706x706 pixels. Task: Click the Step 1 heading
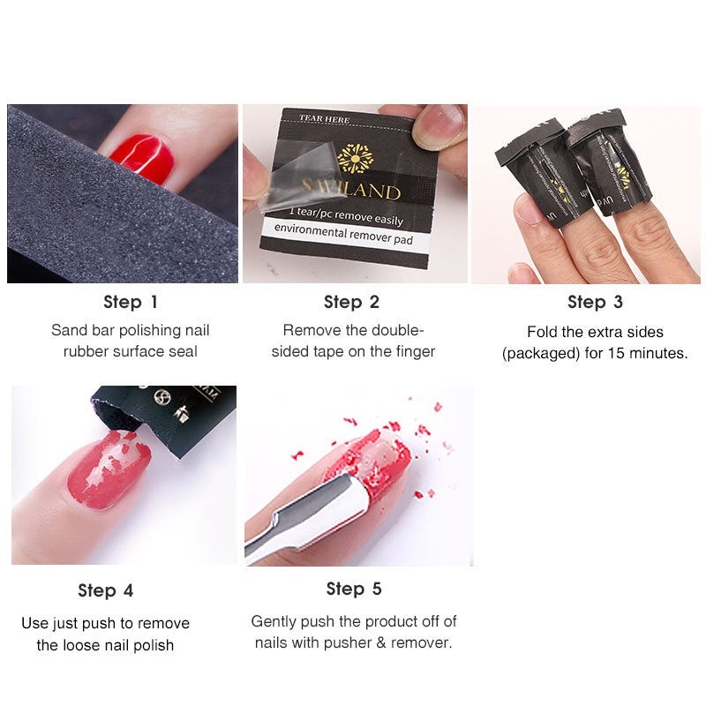click(x=131, y=302)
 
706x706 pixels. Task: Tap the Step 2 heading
click(x=351, y=302)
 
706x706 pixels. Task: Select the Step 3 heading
click(x=595, y=302)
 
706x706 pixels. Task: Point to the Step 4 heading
click(x=105, y=590)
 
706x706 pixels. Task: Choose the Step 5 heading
click(x=354, y=589)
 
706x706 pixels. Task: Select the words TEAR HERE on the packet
click(x=325, y=118)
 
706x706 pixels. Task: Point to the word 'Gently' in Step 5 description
click(x=274, y=621)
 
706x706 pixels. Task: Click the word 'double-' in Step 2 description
click(x=394, y=331)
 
